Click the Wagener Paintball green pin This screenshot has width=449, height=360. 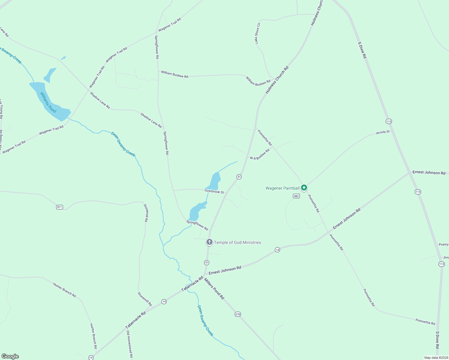(x=304, y=188)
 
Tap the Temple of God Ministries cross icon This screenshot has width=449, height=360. (x=209, y=242)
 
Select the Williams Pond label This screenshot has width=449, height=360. (x=48, y=102)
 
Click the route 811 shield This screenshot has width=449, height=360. (x=59, y=207)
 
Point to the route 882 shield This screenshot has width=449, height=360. (x=296, y=196)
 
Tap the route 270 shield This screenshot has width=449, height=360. (x=238, y=314)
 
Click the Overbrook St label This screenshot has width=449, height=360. (x=214, y=191)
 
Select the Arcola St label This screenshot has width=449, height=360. (x=383, y=132)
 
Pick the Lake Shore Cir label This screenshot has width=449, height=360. (x=258, y=33)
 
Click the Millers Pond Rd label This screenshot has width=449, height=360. (x=214, y=289)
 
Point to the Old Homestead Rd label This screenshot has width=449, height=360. (x=129, y=344)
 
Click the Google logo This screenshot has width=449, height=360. (x=10, y=356)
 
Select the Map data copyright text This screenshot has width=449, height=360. (x=436, y=358)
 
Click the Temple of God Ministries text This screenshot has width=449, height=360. (x=237, y=242)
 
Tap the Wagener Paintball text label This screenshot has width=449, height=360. (x=282, y=188)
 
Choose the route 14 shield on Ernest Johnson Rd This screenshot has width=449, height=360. (x=277, y=250)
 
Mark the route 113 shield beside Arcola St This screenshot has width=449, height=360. (x=389, y=121)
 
